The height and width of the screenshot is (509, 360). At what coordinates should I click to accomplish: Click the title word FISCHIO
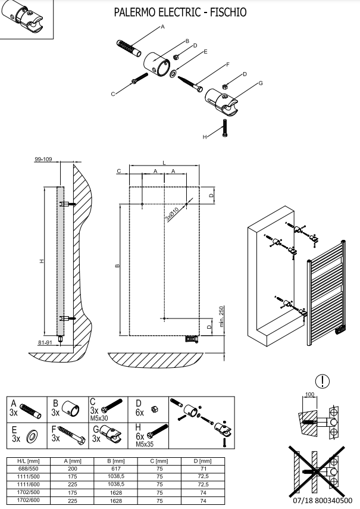[228, 13]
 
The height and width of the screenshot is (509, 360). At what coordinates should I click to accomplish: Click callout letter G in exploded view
[261, 83]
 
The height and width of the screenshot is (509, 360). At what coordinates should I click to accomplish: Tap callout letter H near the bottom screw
[205, 137]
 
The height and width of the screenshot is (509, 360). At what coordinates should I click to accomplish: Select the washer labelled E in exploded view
[173, 74]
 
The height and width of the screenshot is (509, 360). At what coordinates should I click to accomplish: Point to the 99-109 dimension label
[43, 160]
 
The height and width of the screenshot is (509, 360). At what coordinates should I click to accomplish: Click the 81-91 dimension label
[45, 342]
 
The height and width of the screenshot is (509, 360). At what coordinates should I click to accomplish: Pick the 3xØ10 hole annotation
[172, 214]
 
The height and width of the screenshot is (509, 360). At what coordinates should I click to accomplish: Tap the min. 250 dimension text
[221, 316]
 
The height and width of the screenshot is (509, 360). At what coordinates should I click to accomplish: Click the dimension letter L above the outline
[164, 163]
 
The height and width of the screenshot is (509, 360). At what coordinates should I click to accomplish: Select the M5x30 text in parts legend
[99, 418]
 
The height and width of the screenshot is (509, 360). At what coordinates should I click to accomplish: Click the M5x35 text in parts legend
[145, 444]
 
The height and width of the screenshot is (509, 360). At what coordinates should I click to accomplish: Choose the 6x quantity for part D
[140, 413]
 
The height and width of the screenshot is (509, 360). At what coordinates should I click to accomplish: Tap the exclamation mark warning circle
[323, 381]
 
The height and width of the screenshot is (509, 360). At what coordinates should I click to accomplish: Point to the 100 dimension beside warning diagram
[310, 395]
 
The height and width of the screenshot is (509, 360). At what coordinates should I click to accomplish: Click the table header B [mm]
[116, 461]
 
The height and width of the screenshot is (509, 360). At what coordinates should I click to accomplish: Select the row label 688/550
[28, 469]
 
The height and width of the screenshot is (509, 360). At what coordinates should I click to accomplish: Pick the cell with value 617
[116, 469]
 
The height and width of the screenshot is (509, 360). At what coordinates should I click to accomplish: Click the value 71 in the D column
[203, 469]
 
